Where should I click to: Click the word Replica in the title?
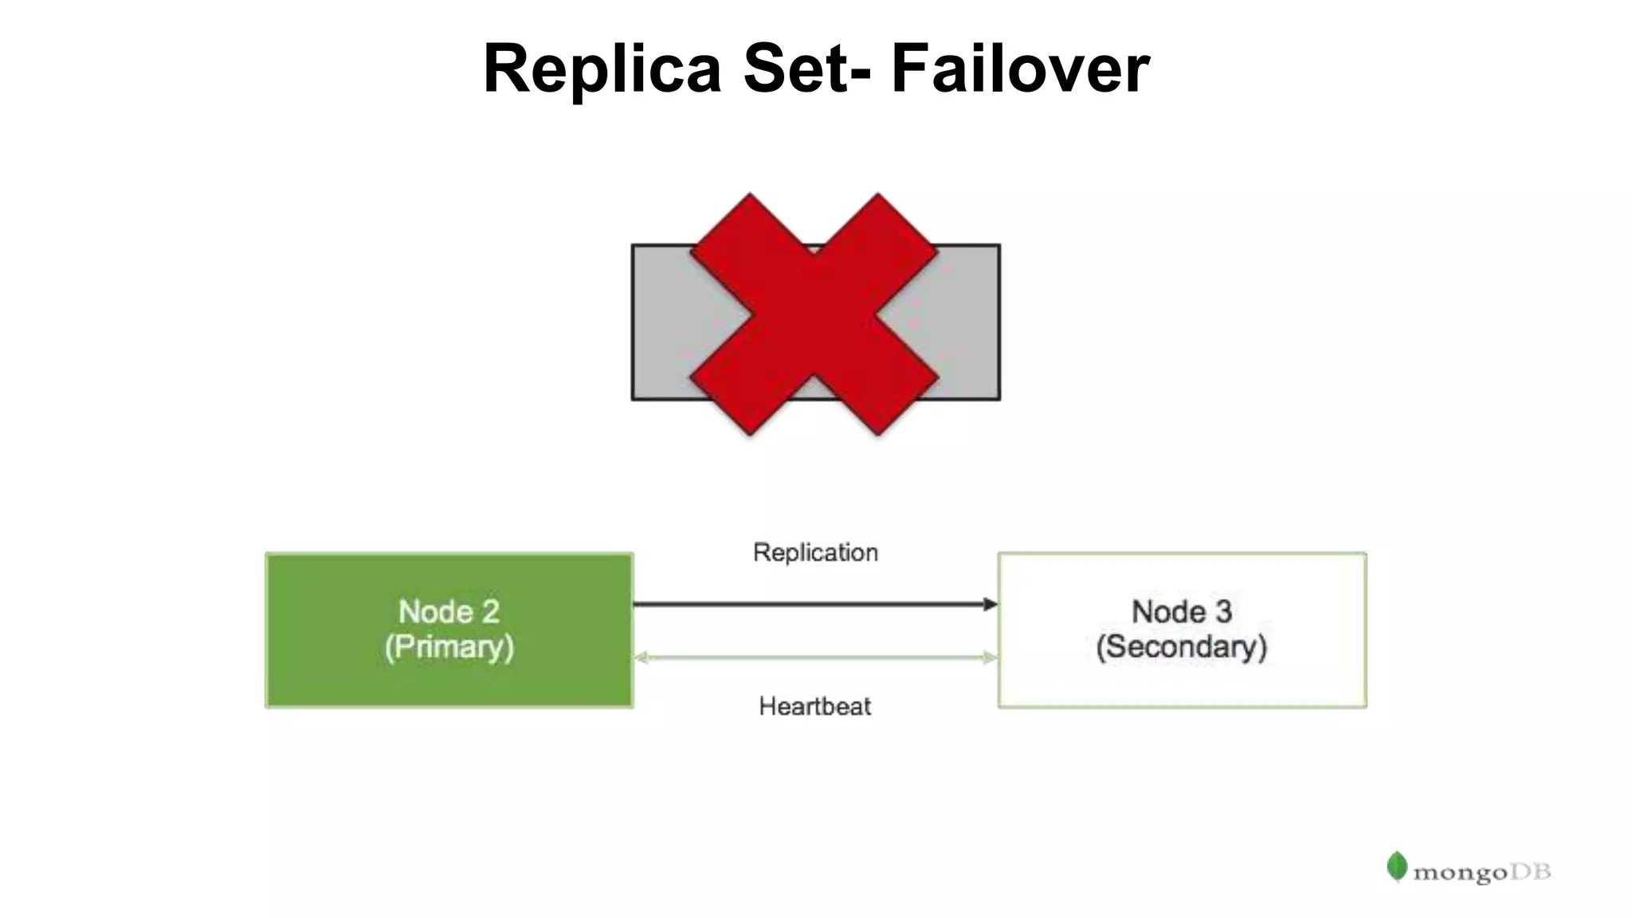602,69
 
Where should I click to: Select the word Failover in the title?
1019,69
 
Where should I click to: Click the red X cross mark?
814,314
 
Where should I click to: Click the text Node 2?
449,611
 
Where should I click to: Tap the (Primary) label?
449,647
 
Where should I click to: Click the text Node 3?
1182,611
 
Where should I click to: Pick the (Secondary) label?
1182,647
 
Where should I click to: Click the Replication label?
815,552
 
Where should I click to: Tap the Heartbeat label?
814,706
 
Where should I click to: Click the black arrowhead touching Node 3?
991,604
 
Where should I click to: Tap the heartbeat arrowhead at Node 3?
990,657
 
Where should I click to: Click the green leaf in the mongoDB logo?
1396,866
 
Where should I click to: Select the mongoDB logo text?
1481,873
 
